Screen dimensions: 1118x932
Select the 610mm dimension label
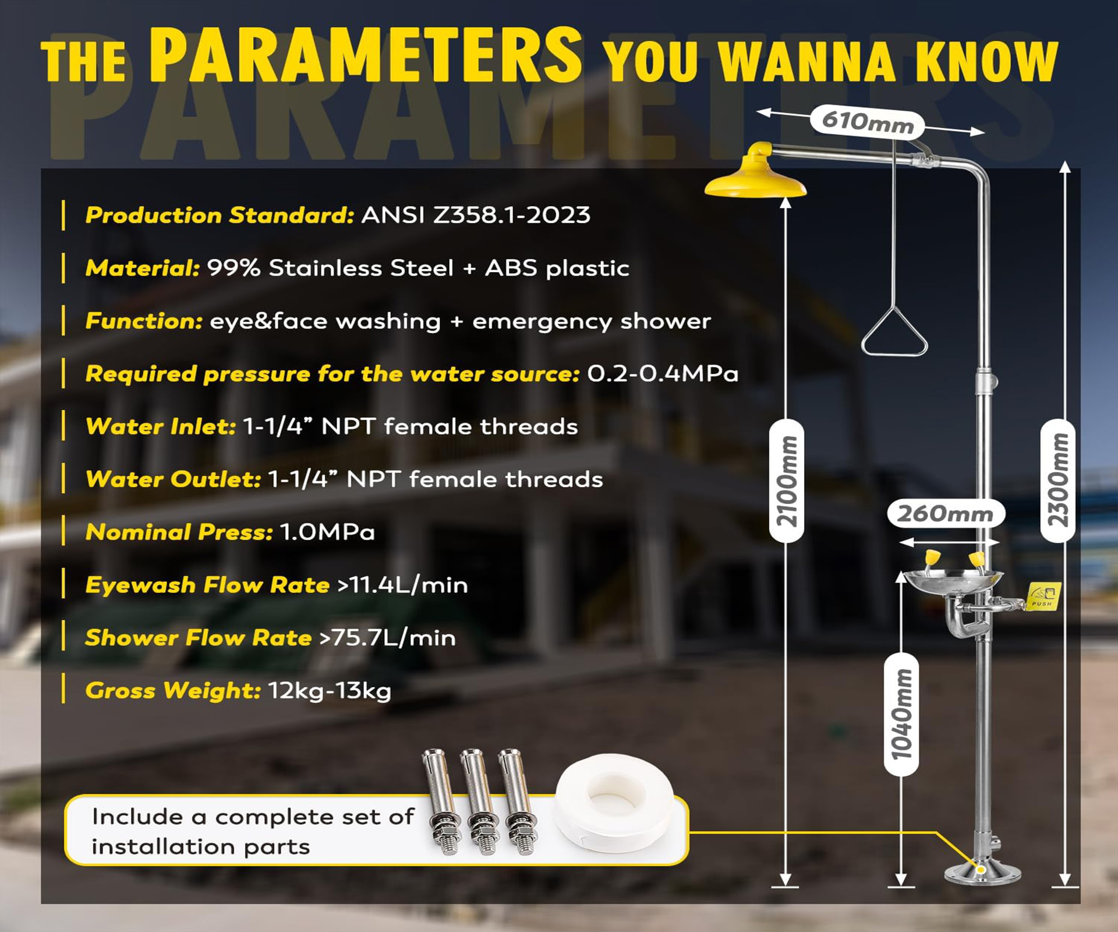867,121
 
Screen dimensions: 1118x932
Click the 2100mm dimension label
786,481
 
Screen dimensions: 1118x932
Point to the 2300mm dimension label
1057,481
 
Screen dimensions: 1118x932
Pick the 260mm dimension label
946,514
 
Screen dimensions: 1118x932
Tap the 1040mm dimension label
901,714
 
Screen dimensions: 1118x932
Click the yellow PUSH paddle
1043,597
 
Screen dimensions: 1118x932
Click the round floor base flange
982,874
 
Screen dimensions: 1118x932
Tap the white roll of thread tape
614,803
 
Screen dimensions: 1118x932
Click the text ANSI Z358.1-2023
476,215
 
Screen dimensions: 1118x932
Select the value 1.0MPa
327,532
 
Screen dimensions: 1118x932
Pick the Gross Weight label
173,691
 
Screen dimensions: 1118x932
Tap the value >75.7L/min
388,638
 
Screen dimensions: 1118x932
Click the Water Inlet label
161,426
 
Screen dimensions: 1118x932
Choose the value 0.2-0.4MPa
663,373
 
